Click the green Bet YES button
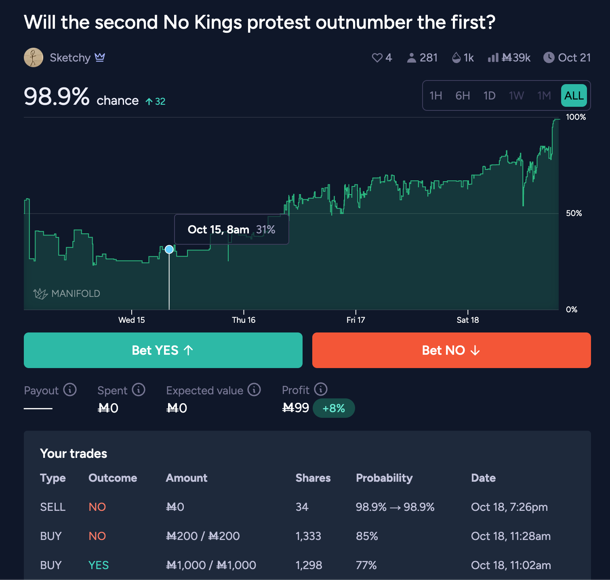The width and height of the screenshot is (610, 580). click(163, 350)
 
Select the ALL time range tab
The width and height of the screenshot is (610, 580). click(574, 96)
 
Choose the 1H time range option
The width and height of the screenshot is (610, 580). click(435, 96)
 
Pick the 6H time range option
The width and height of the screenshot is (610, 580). click(463, 96)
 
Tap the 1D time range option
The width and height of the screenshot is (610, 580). click(489, 96)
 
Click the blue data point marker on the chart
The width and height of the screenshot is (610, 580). click(169, 250)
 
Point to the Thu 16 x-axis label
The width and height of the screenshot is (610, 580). click(244, 320)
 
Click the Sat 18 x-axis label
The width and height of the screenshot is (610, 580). click(467, 320)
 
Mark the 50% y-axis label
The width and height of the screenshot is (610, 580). click(574, 213)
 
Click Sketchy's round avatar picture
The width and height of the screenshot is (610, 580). click(34, 57)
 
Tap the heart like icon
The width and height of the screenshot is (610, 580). click(377, 58)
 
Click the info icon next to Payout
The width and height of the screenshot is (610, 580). click(70, 390)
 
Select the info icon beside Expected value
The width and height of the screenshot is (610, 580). click(254, 390)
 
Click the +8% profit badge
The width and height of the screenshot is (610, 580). click(334, 408)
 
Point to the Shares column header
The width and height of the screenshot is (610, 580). click(313, 478)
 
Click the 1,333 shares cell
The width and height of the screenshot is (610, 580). click(308, 536)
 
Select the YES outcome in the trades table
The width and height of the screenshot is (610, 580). click(99, 565)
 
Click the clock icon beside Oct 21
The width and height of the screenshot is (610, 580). click(549, 58)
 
